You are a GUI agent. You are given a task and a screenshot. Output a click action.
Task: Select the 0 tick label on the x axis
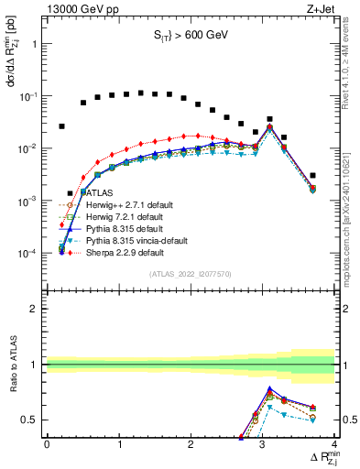tap(47, 444)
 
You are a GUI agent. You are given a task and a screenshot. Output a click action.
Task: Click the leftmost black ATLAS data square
tap(61, 126)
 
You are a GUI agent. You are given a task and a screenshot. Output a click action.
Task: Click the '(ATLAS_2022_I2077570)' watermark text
tap(191, 273)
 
